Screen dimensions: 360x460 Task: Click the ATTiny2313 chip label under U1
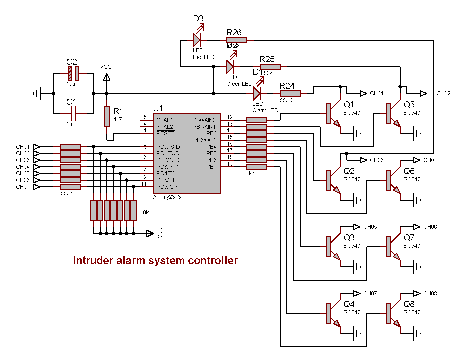pos(167,197)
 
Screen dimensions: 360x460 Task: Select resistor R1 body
pos(107,117)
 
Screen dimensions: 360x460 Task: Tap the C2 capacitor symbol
pos(73,73)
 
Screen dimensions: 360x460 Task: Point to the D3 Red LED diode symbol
pos(197,40)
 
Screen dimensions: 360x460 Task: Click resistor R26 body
pos(237,40)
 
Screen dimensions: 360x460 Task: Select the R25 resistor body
pos(270,67)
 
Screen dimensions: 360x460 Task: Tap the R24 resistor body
pos(290,94)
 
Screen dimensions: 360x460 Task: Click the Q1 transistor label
pos(349,105)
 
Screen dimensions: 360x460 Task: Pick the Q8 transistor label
pos(409,304)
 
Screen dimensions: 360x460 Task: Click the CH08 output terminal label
pos(430,293)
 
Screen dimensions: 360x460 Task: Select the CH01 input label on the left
pos(23,147)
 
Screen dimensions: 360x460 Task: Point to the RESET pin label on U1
pos(165,133)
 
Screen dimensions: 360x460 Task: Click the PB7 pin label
pos(211,167)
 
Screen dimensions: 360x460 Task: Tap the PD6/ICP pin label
pos(167,187)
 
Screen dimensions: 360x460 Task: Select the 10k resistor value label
pos(144,212)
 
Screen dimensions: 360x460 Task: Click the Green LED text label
pos(239,84)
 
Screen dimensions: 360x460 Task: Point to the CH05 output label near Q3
pos(370,227)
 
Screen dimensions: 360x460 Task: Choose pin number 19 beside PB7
pos(230,164)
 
